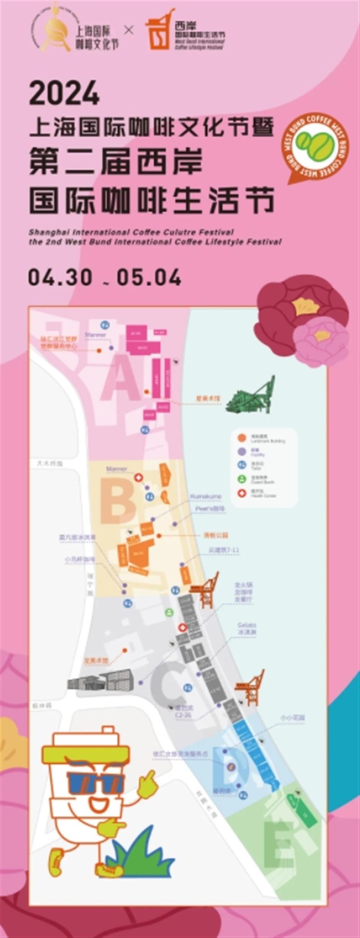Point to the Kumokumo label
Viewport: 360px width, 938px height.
click(206, 497)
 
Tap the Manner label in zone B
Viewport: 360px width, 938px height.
click(116, 469)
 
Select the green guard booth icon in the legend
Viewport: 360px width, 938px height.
click(242, 479)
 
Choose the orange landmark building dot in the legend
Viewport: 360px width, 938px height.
click(242, 438)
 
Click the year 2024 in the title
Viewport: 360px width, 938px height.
click(64, 93)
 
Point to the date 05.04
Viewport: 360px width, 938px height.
click(149, 277)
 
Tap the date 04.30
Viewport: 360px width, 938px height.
click(60, 277)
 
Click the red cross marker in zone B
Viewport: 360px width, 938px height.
click(138, 477)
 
